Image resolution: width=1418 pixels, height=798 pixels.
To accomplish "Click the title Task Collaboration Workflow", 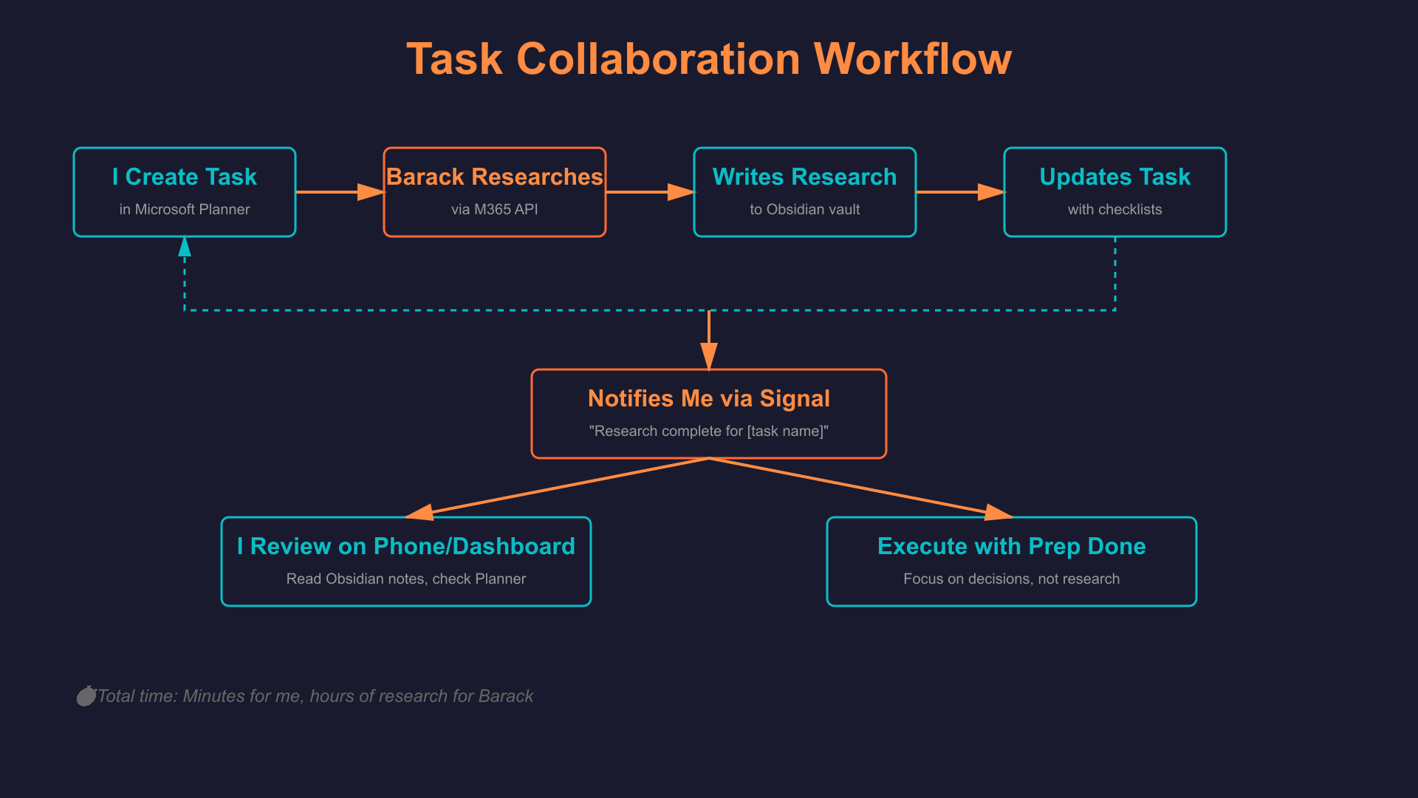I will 709,59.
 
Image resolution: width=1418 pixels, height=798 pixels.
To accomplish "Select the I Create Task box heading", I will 185,177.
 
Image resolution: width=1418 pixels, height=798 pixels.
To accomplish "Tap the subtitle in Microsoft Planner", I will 185,210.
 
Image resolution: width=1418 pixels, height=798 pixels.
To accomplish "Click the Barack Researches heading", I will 495,177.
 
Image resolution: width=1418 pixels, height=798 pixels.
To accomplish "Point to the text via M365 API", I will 495,210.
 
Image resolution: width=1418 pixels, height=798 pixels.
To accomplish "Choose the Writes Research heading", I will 805,177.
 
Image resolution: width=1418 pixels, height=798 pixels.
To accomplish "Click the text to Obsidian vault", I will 805,210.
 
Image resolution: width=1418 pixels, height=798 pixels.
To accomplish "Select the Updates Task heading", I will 1115,177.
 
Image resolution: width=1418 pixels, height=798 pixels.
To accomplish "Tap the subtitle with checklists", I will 1115,210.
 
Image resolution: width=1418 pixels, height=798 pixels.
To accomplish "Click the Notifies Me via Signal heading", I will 709,399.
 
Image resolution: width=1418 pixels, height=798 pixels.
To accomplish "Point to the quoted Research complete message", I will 709,432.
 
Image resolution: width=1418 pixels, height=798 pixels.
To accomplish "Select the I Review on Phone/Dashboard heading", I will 406,547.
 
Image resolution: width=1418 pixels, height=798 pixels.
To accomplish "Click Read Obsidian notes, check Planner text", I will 406,579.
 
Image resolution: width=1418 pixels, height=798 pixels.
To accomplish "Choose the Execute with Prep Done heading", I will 1012,547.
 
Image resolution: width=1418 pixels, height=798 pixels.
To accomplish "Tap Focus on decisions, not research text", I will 1012,579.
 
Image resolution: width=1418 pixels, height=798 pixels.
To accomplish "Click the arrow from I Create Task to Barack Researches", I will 340,192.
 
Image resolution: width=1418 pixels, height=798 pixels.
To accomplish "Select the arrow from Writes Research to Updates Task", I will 960,192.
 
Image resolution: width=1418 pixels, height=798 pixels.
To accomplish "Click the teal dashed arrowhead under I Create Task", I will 185,248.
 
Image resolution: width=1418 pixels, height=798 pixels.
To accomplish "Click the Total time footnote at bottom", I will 314,696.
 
